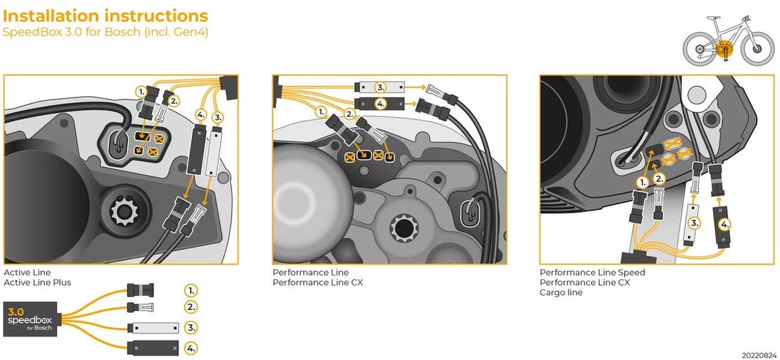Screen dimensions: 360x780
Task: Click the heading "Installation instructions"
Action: (x=106, y=16)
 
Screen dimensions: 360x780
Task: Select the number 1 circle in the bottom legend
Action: (x=191, y=290)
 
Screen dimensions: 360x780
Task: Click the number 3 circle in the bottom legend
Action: (x=191, y=327)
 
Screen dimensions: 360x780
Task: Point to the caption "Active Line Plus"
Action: (x=38, y=283)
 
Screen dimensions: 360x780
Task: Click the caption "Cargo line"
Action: (x=561, y=292)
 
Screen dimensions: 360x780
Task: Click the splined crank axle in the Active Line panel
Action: (x=122, y=211)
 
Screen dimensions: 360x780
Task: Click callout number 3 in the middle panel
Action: (x=381, y=86)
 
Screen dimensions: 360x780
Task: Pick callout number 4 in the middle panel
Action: (x=381, y=103)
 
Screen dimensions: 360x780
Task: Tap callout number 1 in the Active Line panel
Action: (x=141, y=92)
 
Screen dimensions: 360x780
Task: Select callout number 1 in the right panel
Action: (x=642, y=184)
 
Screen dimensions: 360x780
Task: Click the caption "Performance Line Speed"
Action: (x=592, y=273)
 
